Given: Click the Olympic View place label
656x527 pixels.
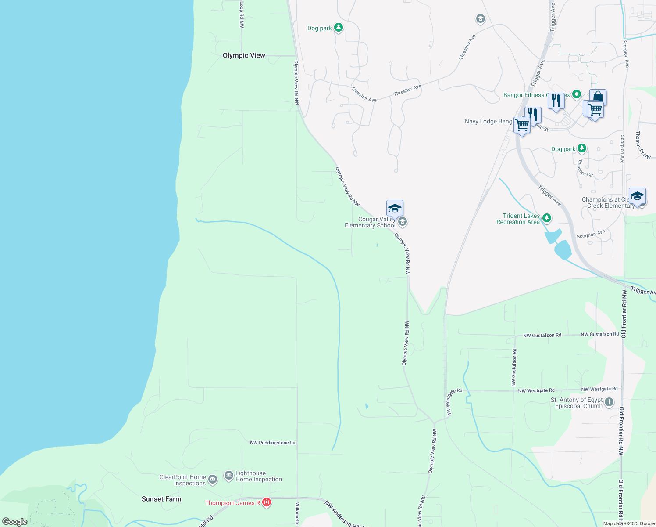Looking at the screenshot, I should [x=244, y=55].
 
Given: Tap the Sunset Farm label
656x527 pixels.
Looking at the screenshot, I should [x=161, y=499].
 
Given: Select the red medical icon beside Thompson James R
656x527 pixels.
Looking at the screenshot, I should [x=266, y=502].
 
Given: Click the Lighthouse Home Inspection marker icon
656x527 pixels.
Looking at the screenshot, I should [x=229, y=476].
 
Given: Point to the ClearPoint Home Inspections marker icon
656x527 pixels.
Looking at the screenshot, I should [x=213, y=479].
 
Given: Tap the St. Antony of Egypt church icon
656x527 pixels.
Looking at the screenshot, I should [x=609, y=402].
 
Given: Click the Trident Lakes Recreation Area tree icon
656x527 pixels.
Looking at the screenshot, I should [x=546, y=218].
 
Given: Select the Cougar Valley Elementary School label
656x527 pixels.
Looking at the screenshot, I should [x=370, y=222].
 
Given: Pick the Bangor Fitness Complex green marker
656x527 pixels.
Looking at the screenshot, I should [x=577, y=94].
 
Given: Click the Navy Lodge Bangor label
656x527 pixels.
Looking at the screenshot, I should [x=488, y=121].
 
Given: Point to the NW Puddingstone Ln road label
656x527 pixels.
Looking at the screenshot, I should [x=273, y=443].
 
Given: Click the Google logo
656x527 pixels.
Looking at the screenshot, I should [x=15, y=522].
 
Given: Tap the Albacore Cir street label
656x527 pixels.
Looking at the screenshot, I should [x=585, y=169].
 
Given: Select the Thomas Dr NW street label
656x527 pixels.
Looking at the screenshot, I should [x=644, y=145].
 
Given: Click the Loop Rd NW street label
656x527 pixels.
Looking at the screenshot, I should [x=242, y=14].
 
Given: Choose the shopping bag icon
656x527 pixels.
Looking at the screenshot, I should [x=598, y=97].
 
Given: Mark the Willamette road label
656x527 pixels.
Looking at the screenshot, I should [x=297, y=514].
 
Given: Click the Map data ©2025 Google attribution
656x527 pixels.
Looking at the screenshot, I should [x=629, y=523].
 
